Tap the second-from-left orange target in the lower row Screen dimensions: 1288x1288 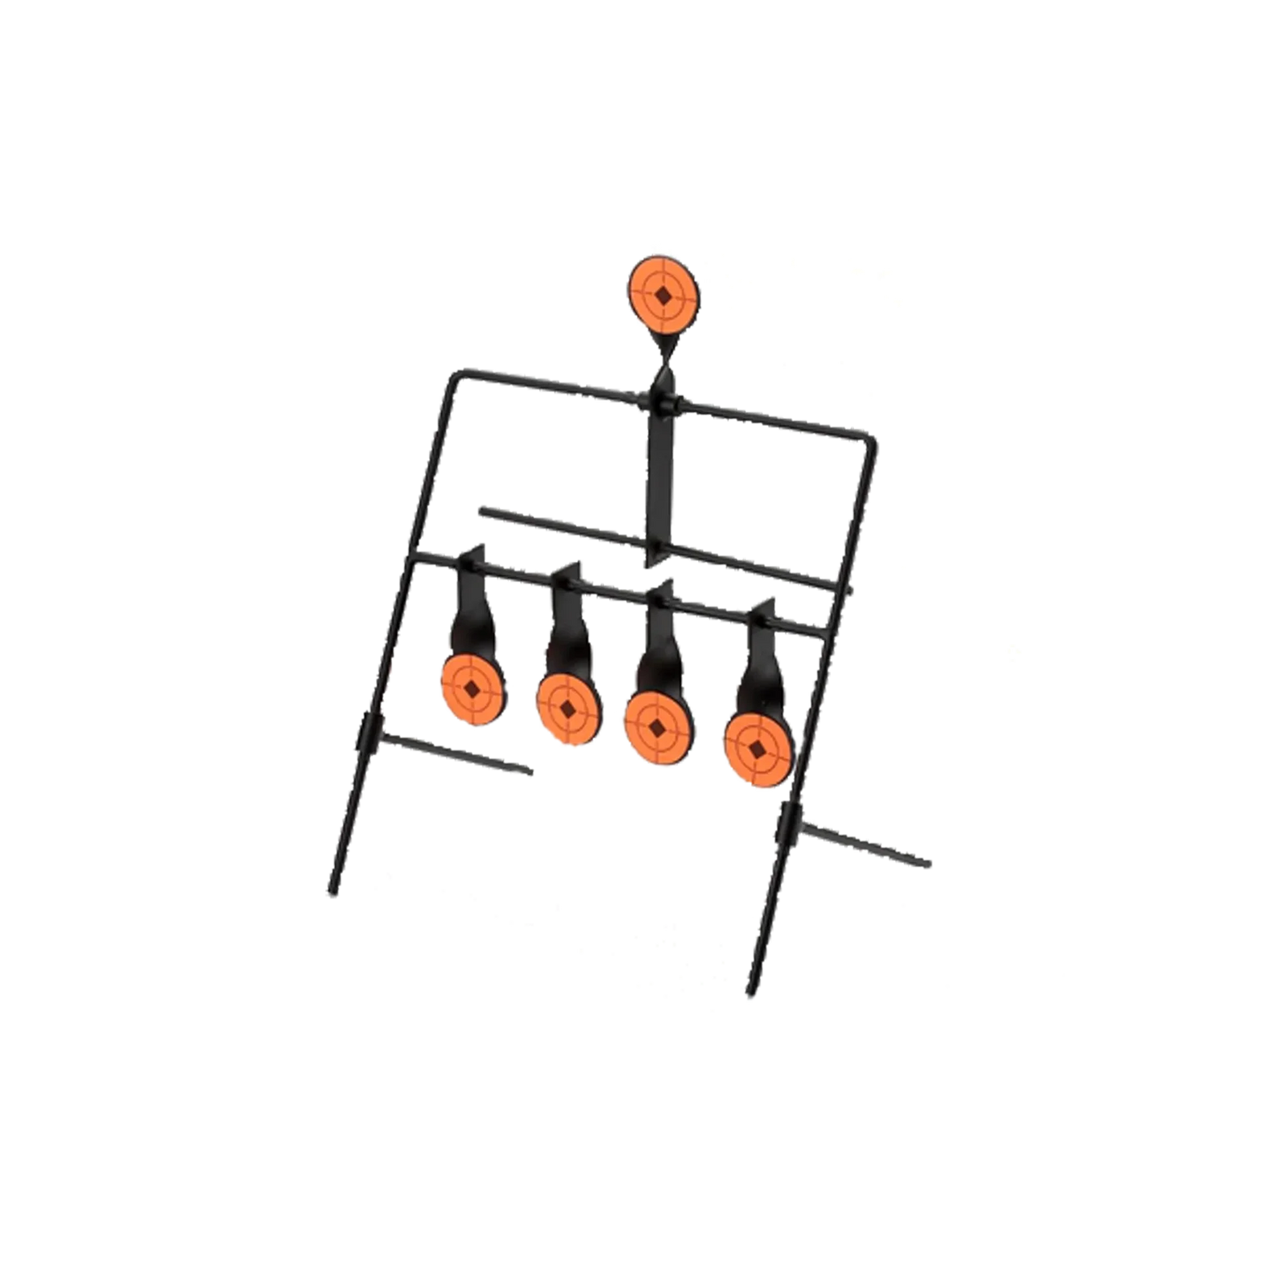click(567, 706)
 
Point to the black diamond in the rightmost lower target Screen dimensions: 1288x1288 click(758, 748)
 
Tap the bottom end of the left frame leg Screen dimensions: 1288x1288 click(330, 894)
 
